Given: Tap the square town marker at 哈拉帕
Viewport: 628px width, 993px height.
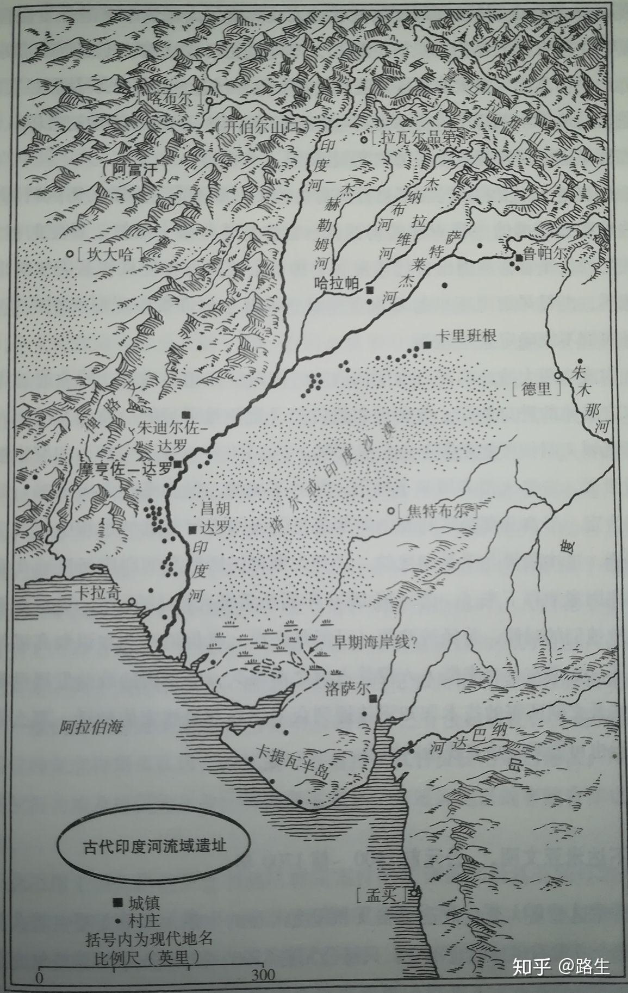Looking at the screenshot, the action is tap(370, 290).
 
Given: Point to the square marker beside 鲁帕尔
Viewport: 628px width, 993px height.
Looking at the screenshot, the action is tap(520, 257).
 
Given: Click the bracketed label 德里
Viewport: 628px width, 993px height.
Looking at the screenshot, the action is tap(535, 388).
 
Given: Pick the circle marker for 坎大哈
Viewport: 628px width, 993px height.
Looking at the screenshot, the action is tap(70, 253).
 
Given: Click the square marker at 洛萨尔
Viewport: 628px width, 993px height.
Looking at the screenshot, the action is tap(372, 698).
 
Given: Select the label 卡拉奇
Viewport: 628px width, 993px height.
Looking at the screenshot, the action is tap(97, 593).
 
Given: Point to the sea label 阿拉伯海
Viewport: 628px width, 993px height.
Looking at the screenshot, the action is tap(91, 727).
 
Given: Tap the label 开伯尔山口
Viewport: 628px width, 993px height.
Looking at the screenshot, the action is tap(261, 127).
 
